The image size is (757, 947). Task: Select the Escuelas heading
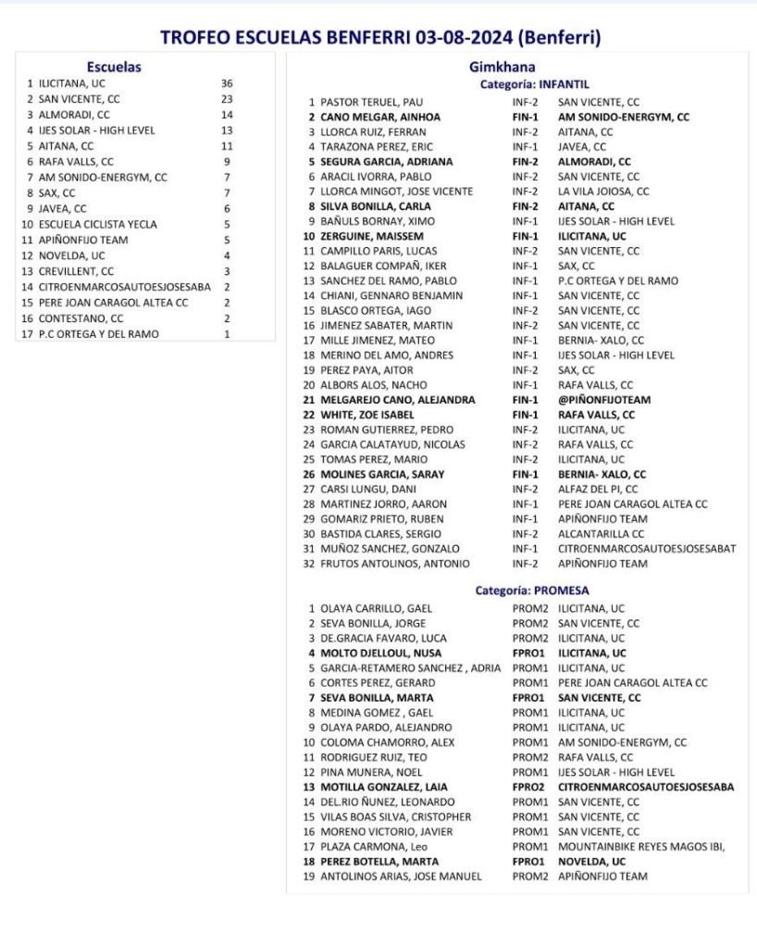click(113, 67)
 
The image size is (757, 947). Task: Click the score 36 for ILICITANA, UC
click(227, 83)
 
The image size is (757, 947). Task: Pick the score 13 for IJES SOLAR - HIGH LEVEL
click(227, 131)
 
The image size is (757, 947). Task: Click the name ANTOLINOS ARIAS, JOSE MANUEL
click(401, 876)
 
